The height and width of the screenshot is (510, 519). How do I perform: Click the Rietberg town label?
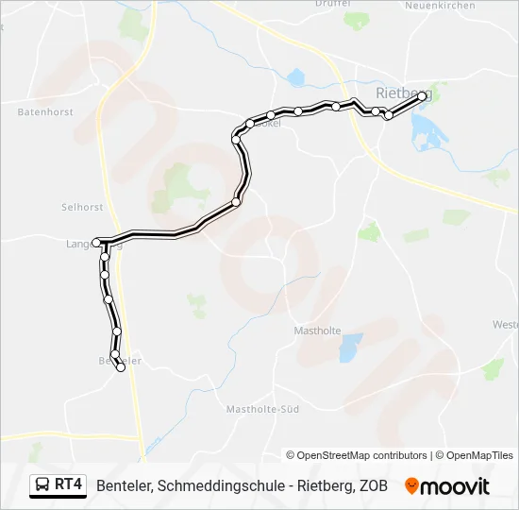tap(403, 93)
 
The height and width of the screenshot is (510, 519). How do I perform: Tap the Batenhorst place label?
tap(44, 111)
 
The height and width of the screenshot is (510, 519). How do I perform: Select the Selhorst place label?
tap(82, 206)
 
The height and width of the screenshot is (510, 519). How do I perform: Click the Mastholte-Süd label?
tap(262, 409)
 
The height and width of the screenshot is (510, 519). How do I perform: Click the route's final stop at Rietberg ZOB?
tap(422, 96)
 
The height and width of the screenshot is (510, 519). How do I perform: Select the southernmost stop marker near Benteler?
tap(121, 368)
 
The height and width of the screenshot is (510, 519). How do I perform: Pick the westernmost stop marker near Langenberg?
tap(96, 243)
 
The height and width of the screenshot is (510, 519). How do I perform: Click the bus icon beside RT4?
tap(42, 485)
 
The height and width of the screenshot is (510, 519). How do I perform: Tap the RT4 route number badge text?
tap(68, 485)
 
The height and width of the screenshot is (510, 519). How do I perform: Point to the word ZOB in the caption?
tap(373, 485)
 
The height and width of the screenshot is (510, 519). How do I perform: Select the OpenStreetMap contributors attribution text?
tap(357, 455)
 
